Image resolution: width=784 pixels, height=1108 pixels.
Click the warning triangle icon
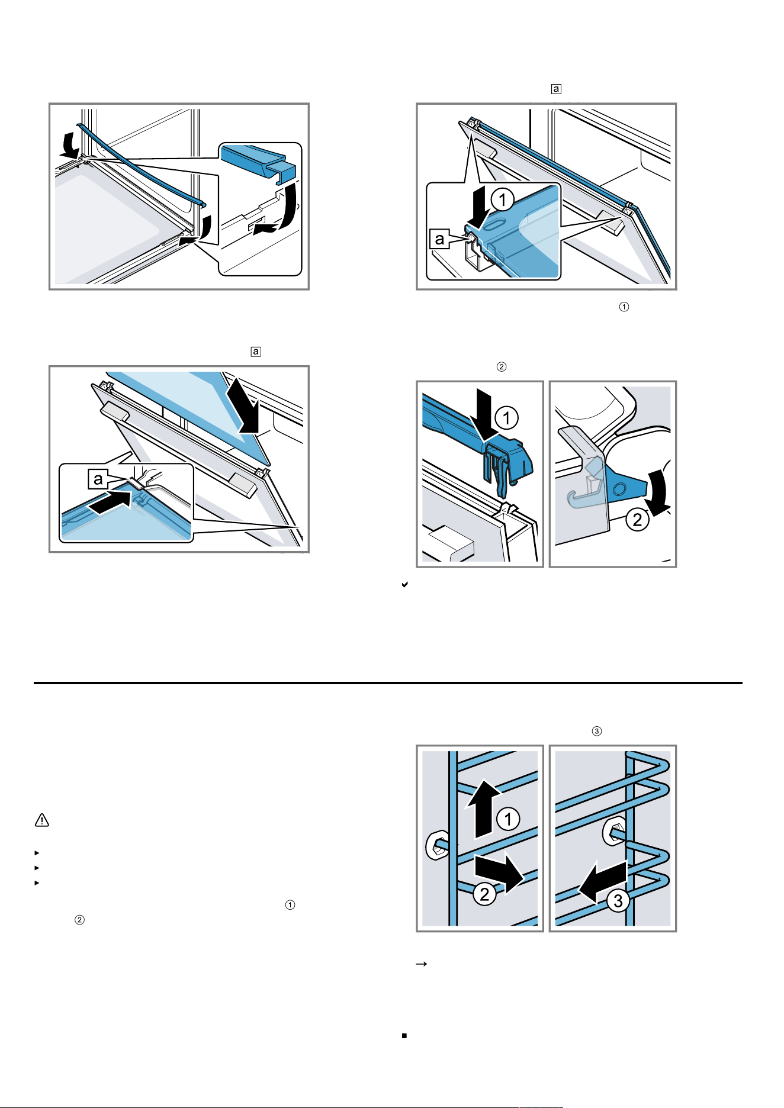(42, 820)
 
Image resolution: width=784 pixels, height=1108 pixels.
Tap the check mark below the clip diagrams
(405, 585)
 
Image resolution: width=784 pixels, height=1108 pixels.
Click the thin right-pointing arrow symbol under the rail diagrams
(422, 964)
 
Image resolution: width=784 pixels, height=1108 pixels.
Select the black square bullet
(404, 1036)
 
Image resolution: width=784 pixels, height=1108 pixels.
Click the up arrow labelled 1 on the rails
(484, 807)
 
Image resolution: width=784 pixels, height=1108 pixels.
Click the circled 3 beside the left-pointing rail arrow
(618, 900)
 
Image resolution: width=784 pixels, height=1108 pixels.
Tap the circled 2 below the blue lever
(637, 520)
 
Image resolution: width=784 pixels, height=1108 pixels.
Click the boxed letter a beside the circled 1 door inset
(439, 239)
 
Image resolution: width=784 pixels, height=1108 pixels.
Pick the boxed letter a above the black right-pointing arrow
(98, 479)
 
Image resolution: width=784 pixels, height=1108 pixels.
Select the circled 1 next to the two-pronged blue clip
(507, 418)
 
